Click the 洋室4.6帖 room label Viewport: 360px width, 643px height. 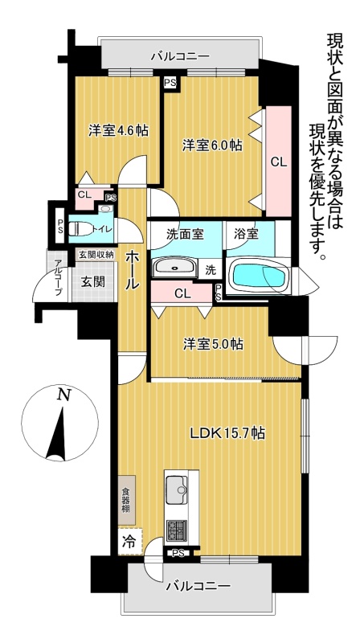118,131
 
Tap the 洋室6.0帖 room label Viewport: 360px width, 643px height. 212,145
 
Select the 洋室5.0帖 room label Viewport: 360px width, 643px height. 213,344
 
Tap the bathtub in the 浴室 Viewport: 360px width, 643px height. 258,275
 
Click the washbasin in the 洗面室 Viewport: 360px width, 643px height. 174,268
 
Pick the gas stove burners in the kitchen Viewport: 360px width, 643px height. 176,530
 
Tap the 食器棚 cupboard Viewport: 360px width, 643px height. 126,500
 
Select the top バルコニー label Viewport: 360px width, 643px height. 180,55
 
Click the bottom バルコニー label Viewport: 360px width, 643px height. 198,587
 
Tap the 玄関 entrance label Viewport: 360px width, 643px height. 92,282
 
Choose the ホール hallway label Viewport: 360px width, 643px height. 132,271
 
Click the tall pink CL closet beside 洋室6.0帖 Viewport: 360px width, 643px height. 278,162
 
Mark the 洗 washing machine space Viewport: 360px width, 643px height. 210,270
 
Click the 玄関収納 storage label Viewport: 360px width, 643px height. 96,254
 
